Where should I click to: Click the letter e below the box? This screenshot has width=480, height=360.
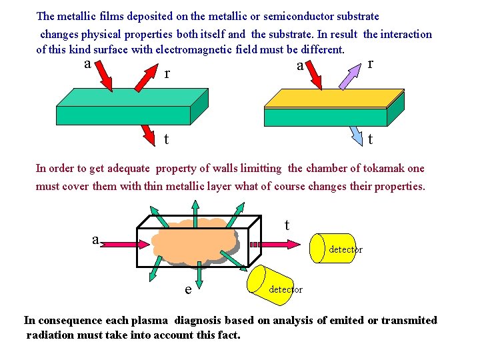(189, 289)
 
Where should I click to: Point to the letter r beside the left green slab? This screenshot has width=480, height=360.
(167, 73)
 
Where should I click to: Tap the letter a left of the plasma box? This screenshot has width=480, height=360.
(96, 239)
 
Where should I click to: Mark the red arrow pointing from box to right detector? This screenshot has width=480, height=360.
(280, 244)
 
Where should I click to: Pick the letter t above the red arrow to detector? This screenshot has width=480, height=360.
(287, 225)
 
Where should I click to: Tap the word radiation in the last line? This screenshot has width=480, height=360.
(51, 335)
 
